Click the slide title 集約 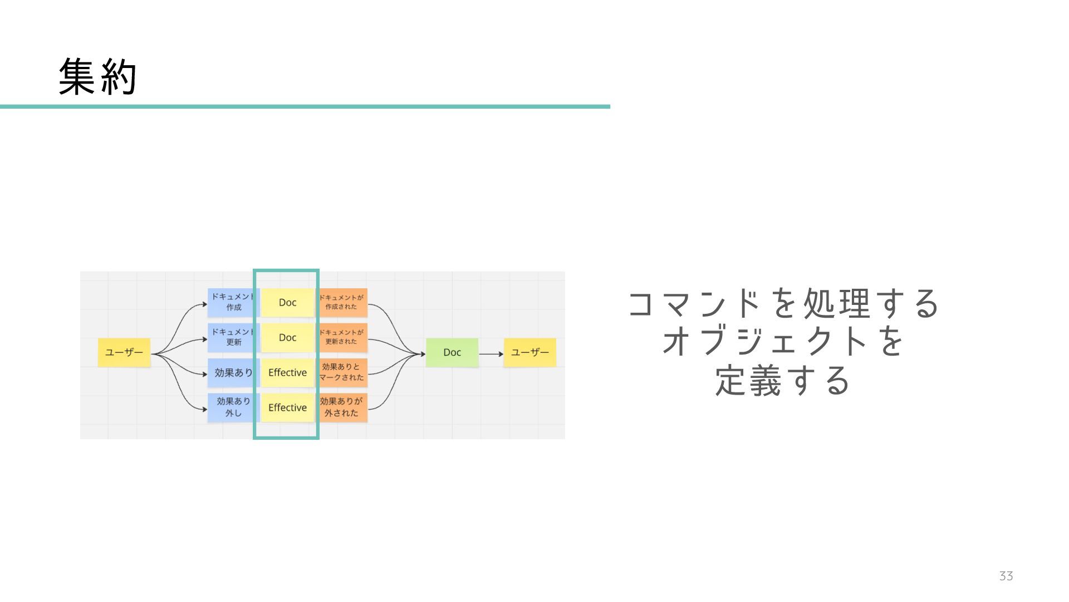click(x=97, y=77)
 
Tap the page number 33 click(x=1006, y=576)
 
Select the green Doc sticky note click(x=452, y=352)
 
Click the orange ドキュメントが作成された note click(x=342, y=302)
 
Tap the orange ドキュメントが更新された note click(x=342, y=337)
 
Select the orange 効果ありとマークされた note click(x=342, y=372)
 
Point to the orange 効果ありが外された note click(x=342, y=407)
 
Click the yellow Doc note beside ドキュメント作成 click(x=287, y=302)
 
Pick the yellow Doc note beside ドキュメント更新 click(x=287, y=337)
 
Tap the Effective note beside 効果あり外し click(x=287, y=407)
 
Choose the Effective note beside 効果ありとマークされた click(x=287, y=372)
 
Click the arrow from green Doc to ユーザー click(x=491, y=354)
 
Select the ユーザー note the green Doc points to click(x=529, y=352)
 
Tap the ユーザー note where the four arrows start click(x=124, y=352)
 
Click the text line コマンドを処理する click(x=783, y=304)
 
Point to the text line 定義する click(x=783, y=381)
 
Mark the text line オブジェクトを click(x=783, y=342)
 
